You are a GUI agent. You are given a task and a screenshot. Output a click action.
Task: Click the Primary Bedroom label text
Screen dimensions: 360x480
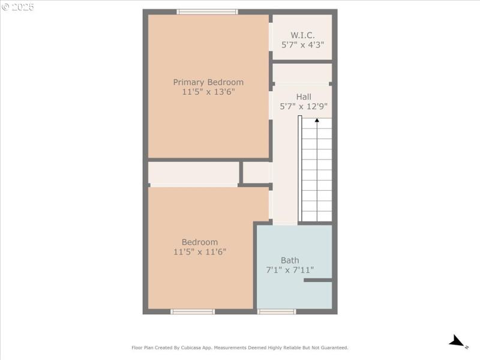point(208,82)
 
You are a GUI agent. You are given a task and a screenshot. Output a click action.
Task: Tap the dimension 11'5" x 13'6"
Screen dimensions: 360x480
point(208,92)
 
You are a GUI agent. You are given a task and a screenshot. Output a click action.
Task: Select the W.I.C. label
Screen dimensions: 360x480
point(302,35)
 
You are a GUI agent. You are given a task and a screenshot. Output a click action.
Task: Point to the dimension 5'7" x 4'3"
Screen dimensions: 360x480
point(302,45)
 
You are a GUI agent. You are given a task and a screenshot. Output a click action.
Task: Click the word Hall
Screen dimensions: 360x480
point(304,97)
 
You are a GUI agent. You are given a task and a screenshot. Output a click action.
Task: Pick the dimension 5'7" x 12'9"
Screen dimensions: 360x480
point(304,107)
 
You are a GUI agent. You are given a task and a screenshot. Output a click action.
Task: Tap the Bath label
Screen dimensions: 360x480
point(290,260)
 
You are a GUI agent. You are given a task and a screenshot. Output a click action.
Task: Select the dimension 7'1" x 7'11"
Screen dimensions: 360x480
point(290,271)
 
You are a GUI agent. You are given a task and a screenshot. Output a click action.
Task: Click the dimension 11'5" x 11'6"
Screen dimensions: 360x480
point(200,253)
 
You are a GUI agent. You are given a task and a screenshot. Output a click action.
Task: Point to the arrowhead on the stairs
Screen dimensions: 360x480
point(316,120)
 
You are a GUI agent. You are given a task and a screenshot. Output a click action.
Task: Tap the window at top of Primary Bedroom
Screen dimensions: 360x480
point(207,11)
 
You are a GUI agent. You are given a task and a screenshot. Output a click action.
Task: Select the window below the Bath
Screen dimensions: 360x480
point(277,311)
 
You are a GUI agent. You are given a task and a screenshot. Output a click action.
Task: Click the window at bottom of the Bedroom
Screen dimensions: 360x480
point(193,311)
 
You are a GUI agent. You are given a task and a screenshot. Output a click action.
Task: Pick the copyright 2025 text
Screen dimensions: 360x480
point(18,7)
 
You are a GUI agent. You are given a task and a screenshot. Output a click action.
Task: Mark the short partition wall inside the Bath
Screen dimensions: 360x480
point(317,280)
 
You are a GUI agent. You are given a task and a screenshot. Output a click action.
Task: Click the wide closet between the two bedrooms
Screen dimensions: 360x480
point(193,173)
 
